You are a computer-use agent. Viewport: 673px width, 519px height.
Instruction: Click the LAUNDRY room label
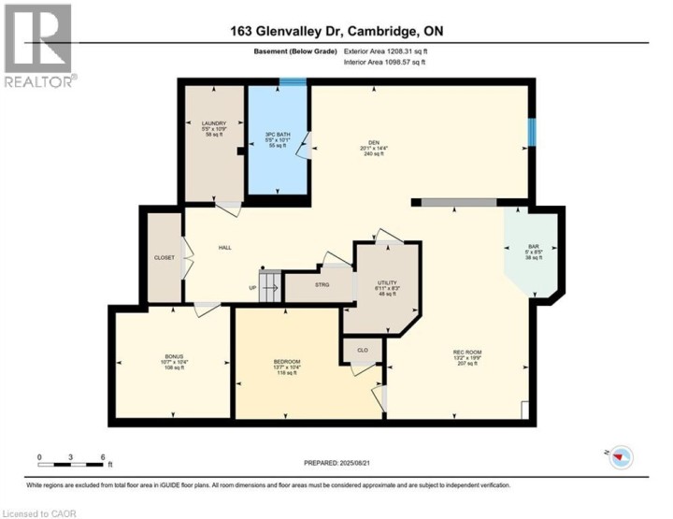pos(214,123)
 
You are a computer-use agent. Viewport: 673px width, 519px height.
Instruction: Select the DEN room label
pos(371,142)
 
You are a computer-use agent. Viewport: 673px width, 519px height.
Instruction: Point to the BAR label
pos(534,247)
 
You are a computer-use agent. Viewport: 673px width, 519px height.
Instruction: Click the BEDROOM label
pos(286,362)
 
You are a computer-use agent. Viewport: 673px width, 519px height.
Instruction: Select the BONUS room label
pos(174,356)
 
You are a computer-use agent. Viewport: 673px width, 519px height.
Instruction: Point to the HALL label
pos(224,248)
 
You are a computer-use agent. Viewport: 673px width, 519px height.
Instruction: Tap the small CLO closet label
pos(362,351)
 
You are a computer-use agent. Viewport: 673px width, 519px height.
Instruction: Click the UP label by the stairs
pos(251,287)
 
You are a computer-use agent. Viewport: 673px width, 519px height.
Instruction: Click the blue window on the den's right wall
pos(532,132)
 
